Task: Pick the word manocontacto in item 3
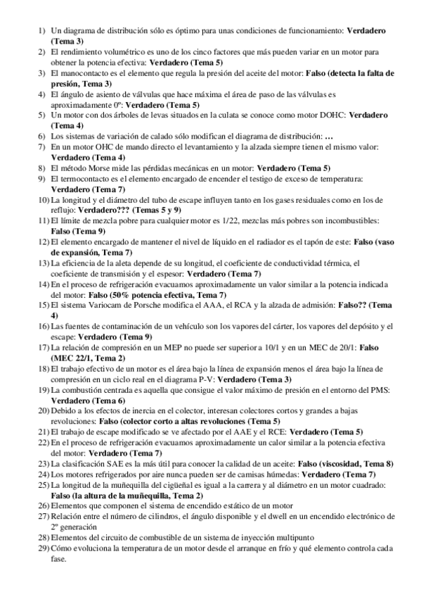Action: tap(82, 73)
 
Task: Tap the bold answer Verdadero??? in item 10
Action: tap(103, 210)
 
